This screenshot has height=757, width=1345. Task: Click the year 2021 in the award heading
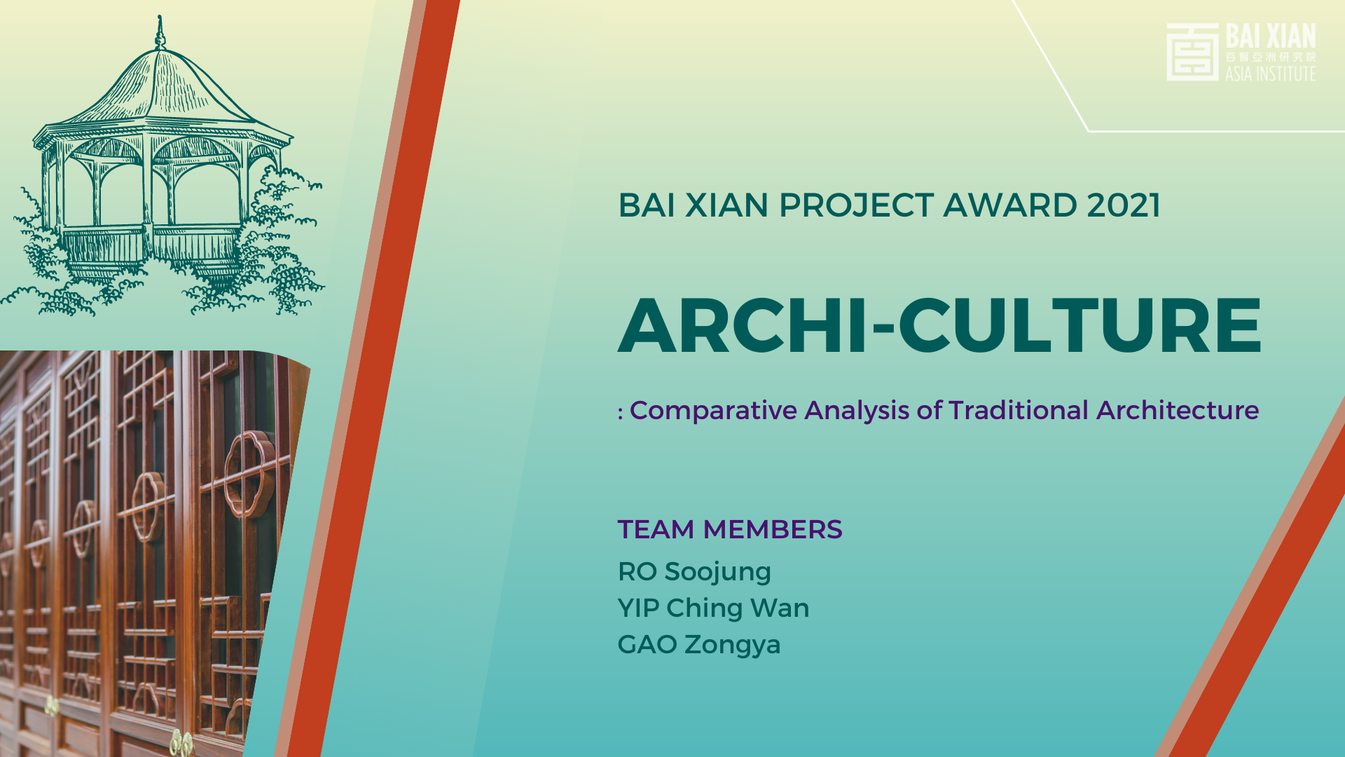[1124, 205]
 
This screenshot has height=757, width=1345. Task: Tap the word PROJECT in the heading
[856, 205]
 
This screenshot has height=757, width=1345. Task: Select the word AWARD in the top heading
[1010, 205]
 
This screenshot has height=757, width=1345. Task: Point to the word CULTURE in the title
[1080, 326]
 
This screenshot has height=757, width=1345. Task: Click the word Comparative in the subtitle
[713, 411]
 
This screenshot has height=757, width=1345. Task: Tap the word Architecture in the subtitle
[1178, 410]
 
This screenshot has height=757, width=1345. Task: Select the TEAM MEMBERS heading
[729, 529]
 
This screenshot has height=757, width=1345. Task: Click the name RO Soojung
[694, 572]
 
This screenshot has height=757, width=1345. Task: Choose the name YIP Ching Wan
[713, 608]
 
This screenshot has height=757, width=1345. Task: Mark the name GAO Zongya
[699, 645]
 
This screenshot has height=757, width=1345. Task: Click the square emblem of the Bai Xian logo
[1192, 52]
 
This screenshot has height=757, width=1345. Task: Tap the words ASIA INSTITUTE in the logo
[1270, 74]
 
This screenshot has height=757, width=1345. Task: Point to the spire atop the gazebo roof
[160, 32]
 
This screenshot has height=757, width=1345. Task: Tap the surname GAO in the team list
[647, 644]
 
